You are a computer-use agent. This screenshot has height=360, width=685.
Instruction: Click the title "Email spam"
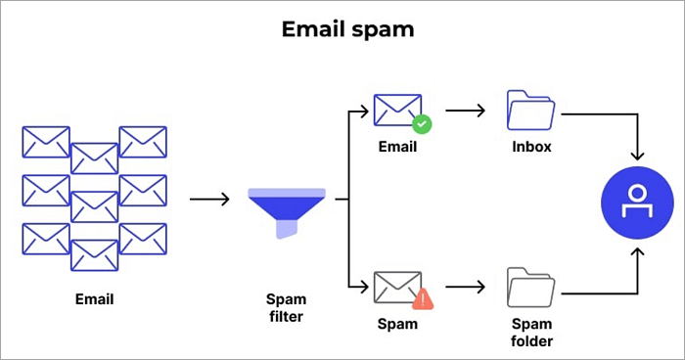[347, 29]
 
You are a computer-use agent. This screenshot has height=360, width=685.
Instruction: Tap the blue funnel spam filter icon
[287, 210]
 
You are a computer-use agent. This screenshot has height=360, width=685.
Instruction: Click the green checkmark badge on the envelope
[422, 124]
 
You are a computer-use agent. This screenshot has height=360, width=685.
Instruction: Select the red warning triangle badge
[422, 299]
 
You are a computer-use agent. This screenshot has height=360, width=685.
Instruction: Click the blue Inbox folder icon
[531, 111]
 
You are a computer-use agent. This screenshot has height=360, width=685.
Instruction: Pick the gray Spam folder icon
[531, 287]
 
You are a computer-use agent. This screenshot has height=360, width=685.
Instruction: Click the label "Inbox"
[531, 148]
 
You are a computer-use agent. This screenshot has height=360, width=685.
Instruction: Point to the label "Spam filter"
[286, 306]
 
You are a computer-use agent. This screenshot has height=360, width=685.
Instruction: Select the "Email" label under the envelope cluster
[94, 298]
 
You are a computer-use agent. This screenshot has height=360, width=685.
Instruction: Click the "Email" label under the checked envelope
[397, 148]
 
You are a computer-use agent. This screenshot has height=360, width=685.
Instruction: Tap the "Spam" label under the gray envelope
[396, 322]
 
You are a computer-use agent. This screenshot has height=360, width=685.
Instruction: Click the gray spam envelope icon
[396, 287]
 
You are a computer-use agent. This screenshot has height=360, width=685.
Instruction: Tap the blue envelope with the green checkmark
[396, 110]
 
